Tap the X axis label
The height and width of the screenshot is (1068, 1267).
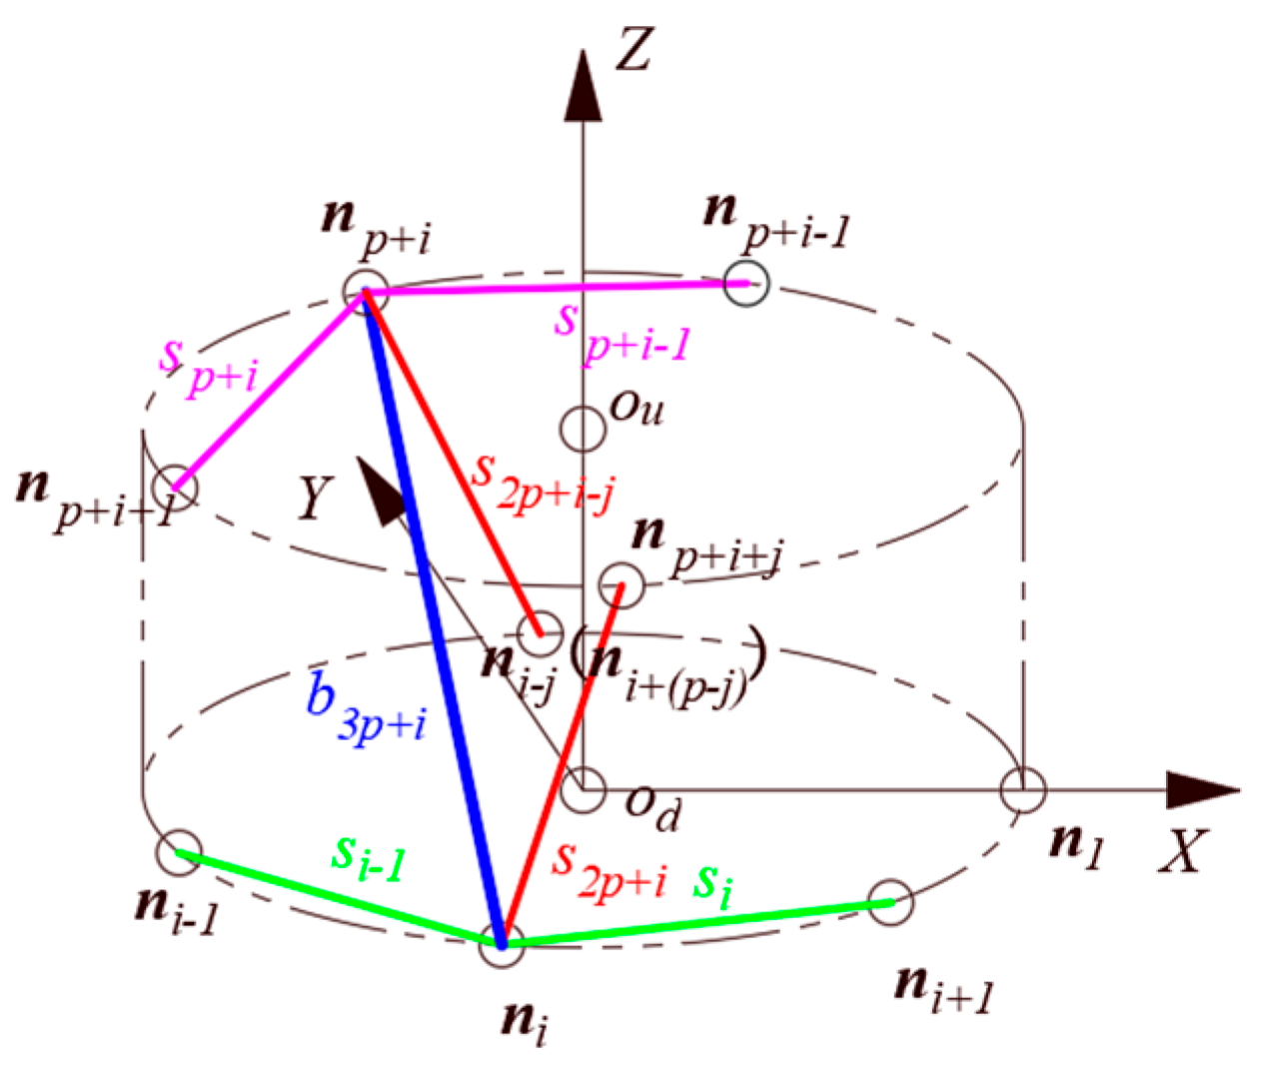click(1183, 852)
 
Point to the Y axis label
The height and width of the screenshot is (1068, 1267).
click(315, 496)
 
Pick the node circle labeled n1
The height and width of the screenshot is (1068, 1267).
click(1023, 790)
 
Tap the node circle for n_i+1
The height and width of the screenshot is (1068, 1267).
click(890, 902)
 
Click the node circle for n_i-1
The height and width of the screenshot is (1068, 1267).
click(179, 851)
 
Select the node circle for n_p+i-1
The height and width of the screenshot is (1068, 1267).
click(747, 283)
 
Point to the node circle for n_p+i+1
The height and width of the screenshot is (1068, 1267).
click(177, 488)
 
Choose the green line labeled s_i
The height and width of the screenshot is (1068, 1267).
click(699, 922)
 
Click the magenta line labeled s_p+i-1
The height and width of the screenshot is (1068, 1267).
click(555, 288)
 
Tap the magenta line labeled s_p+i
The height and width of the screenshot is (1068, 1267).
click(270, 390)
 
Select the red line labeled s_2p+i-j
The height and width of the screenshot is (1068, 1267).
click(455, 465)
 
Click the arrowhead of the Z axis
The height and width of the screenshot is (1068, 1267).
click(582, 85)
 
